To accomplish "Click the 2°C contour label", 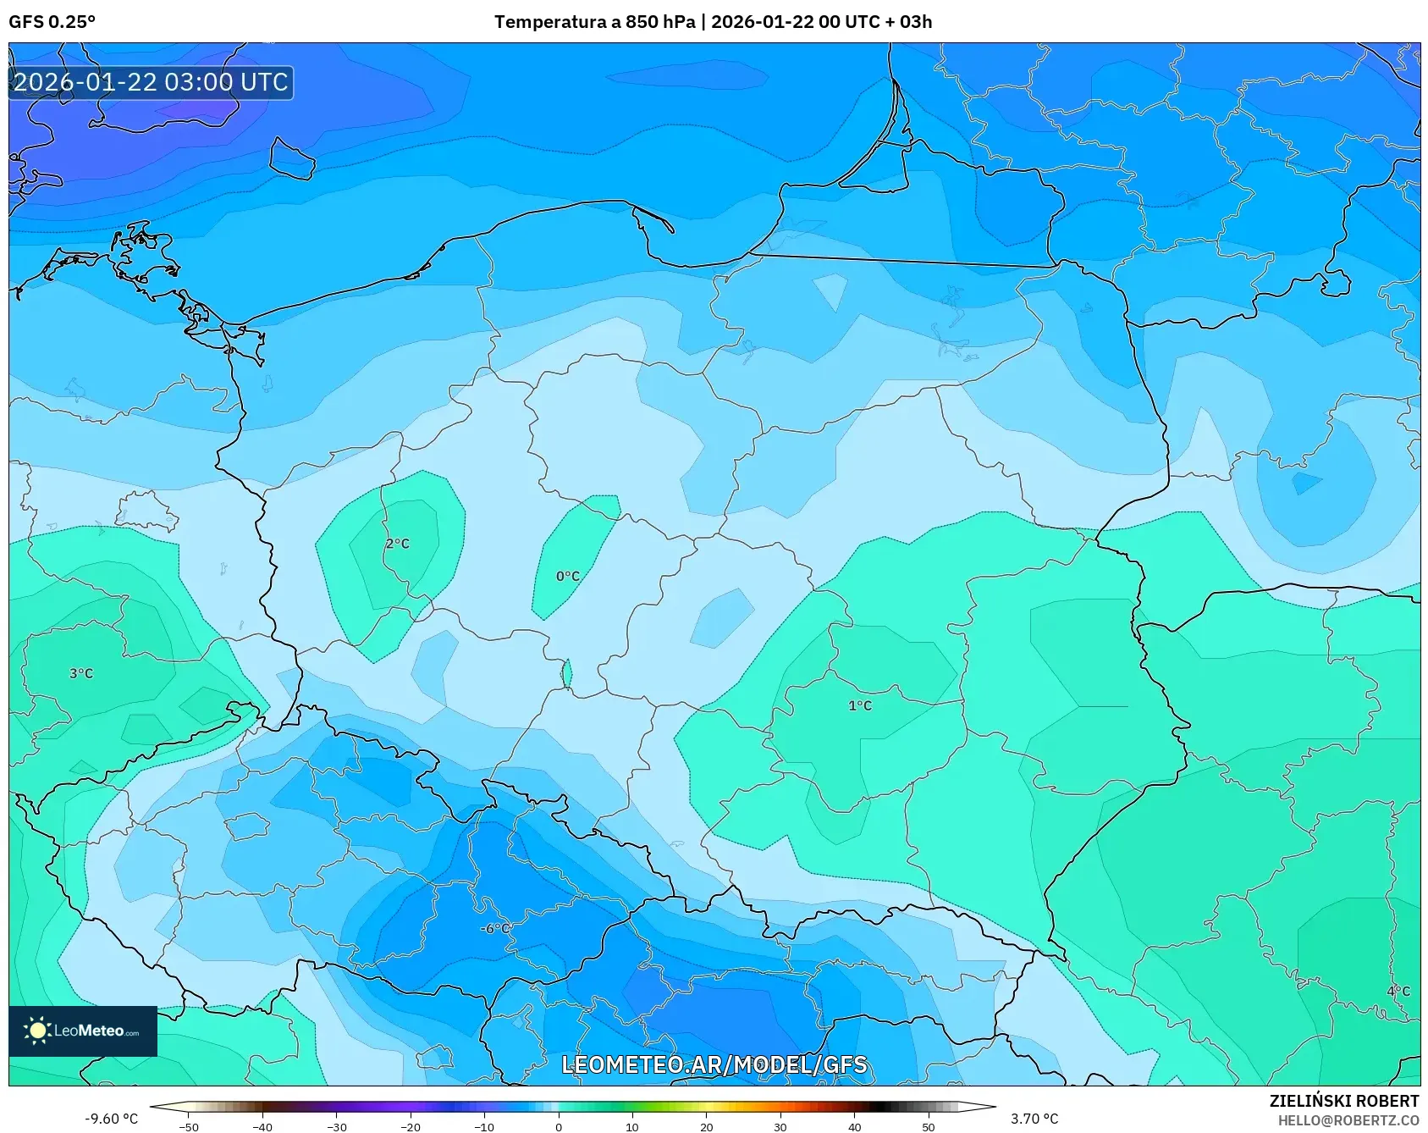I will (397, 544).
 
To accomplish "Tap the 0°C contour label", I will (567, 577).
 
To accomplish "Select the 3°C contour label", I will (81, 674).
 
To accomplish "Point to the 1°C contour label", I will (859, 705).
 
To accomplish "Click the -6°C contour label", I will (495, 928).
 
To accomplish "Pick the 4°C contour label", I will (1398, 992).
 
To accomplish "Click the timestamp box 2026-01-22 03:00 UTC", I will (152, 82).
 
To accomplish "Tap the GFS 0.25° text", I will (52, 22).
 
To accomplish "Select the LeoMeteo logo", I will (83, 1031).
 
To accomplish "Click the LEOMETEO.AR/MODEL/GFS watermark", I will (714, 1064).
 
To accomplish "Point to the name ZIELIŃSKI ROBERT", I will (1343, 1101).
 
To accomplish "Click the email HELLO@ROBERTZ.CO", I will (1348, 1120).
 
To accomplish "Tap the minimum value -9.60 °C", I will (111, 1119).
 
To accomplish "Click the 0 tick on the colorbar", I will (558, 1126).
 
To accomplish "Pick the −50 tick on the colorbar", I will (189, 1126).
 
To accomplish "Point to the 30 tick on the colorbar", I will (780, 1126).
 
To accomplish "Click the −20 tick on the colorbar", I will (411, 1126).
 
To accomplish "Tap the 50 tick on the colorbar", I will (928, 1126).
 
